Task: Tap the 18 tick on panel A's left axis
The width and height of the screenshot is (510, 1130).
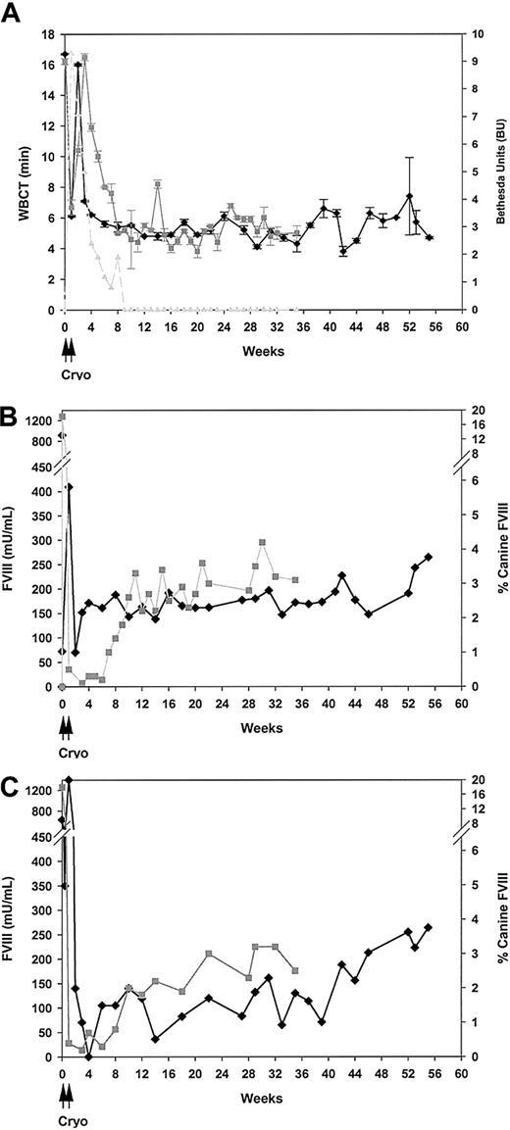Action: click(x=46, y=34)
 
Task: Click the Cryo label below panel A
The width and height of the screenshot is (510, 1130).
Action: click(x=68, y=367)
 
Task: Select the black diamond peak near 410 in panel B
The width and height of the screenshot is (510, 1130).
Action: click(x=69, y=486)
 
